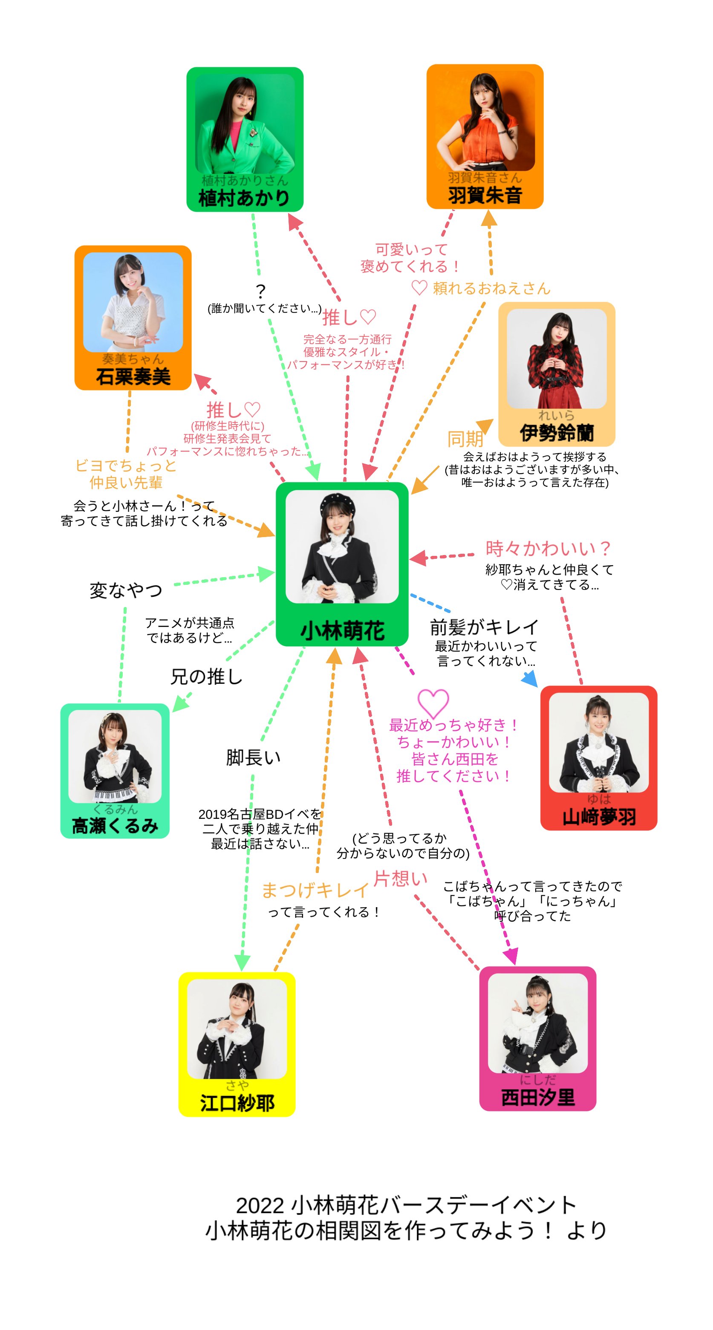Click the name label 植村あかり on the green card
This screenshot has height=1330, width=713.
[x=244, y=198]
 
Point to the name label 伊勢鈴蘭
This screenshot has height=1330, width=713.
[x=556, y=433]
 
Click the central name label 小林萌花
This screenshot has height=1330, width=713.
[x=342, y=630]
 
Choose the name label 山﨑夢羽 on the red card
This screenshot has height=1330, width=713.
[x=598, y=817]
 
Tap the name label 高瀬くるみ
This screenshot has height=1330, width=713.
[x=115, y=826]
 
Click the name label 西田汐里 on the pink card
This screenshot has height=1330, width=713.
[x=537, y=1097]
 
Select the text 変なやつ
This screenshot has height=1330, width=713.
[x=125, y=590]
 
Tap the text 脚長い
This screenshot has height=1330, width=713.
[x=253, y=758]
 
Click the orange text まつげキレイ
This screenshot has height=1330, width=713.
[x=315, y=890]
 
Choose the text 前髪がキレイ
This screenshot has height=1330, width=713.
[x=484, y=627]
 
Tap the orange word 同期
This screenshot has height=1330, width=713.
[x=465, y=439]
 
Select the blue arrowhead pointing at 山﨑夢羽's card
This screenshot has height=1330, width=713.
[x=530, y=679]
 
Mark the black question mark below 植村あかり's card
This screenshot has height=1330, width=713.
[x=261, y=291]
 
